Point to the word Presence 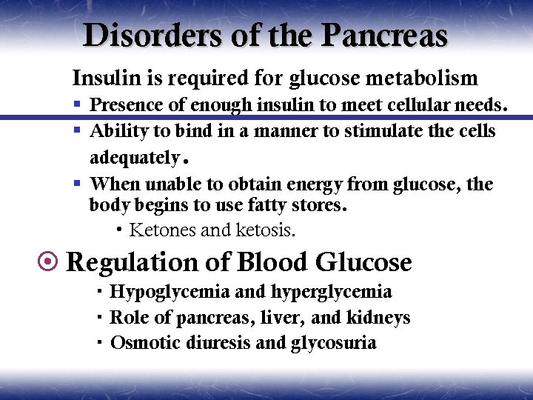(x=127, y=105)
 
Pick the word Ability (x=116, y=131)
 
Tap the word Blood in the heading (x=273, y=262)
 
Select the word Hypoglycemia (x=169, y=292)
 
